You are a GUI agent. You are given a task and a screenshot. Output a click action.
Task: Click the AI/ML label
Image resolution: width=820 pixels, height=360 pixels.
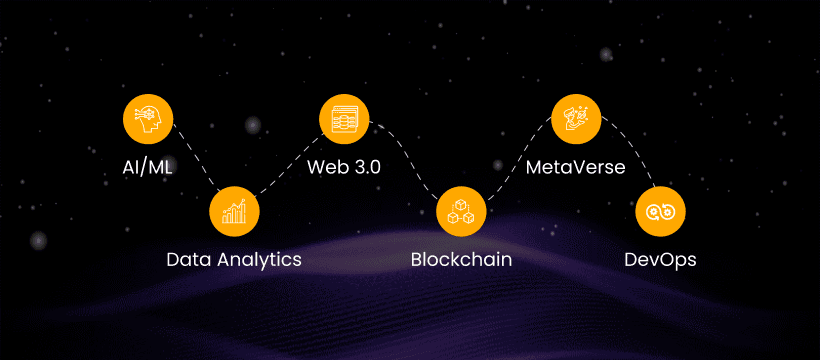click(x=146, y=167)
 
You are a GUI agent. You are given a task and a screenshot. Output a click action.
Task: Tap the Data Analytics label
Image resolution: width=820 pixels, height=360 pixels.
click(x=234, y=260)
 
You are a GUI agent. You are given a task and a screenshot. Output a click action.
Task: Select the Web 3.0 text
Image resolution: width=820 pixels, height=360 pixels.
click(x=344, y=167)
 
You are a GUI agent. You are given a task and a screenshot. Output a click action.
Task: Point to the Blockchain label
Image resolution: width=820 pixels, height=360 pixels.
click(x=461, y=260)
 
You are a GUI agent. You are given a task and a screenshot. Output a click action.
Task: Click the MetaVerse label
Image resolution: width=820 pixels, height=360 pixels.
click(x=575, y=167)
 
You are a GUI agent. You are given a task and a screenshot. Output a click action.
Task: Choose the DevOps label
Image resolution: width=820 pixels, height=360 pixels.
click(x=660, y=260)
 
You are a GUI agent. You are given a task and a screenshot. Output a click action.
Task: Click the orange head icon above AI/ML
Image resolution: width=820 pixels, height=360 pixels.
click(x=148, y=119)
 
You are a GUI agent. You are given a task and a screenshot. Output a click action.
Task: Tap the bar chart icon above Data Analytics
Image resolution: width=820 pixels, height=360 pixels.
click(x=234, y=211)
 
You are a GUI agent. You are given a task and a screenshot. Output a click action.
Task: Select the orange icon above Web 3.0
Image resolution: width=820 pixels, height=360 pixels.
click(x=344, y=119)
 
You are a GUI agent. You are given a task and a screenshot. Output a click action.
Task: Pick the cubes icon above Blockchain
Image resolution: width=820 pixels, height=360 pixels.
click(x=461, y=211)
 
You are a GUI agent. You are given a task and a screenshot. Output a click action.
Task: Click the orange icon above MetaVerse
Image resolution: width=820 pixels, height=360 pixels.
click(x=576, y=119)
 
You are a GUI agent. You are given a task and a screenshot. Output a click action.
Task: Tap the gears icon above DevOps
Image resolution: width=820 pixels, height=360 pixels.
click(x=660, y=211)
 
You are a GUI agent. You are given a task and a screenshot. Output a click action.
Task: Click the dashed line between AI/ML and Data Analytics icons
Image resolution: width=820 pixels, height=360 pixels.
click(x=196, y=157)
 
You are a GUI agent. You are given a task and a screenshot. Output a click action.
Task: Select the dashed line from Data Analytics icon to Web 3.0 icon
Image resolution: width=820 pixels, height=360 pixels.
click(x=289, y=165)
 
